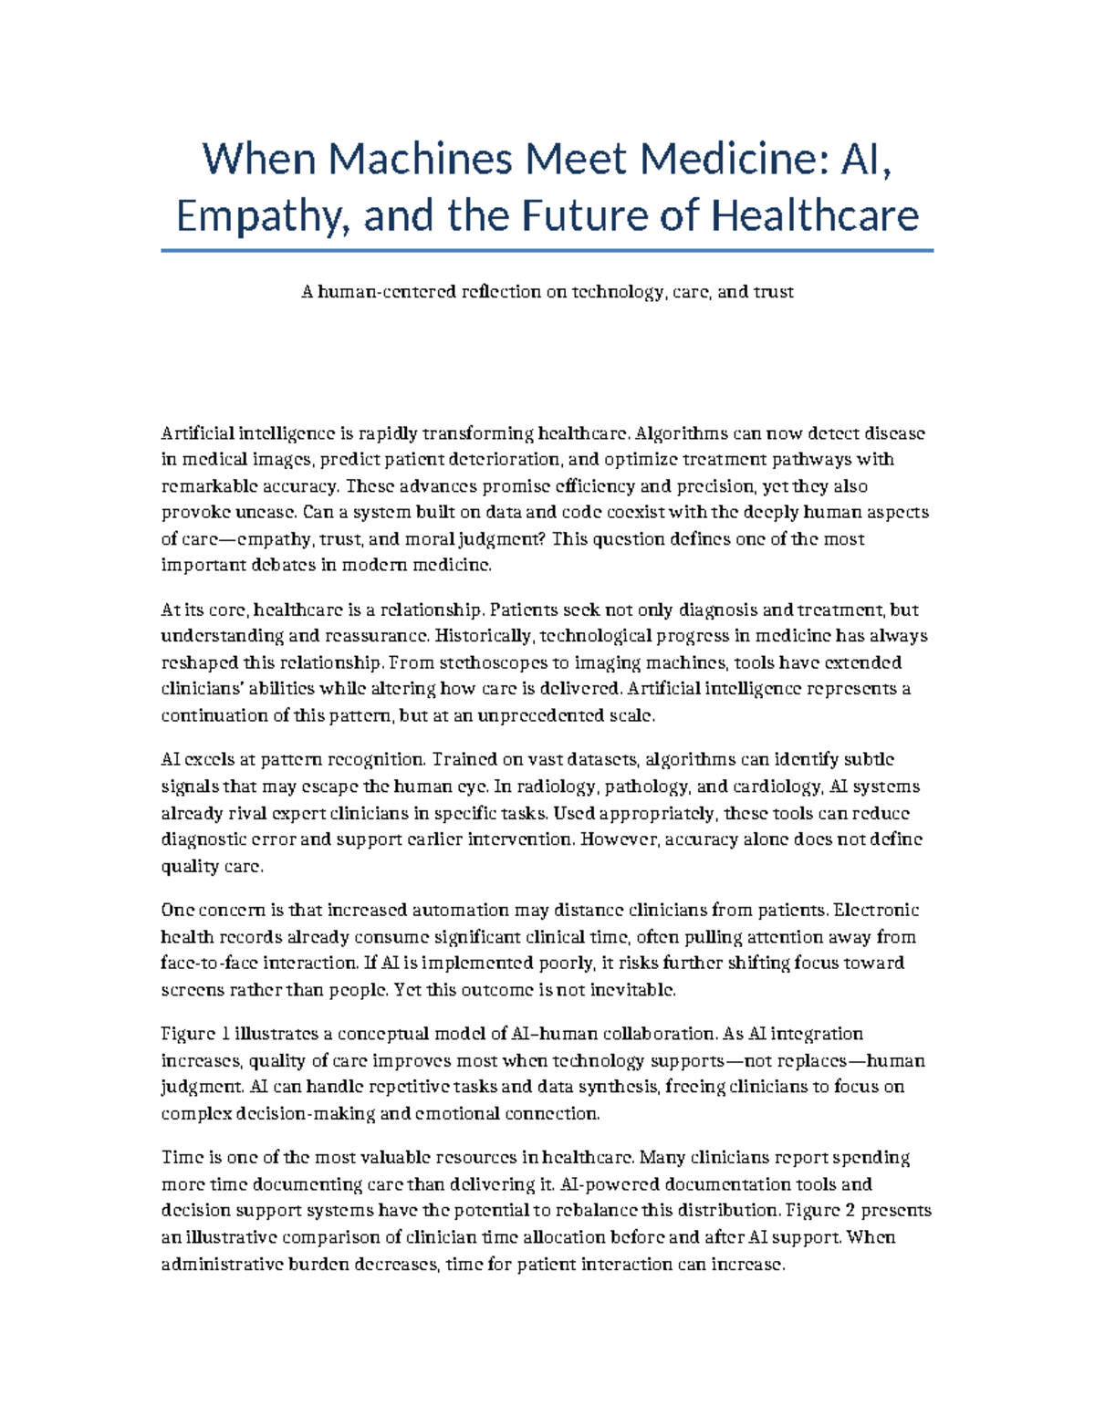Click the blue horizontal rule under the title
[547, 250]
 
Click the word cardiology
[777, 787]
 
